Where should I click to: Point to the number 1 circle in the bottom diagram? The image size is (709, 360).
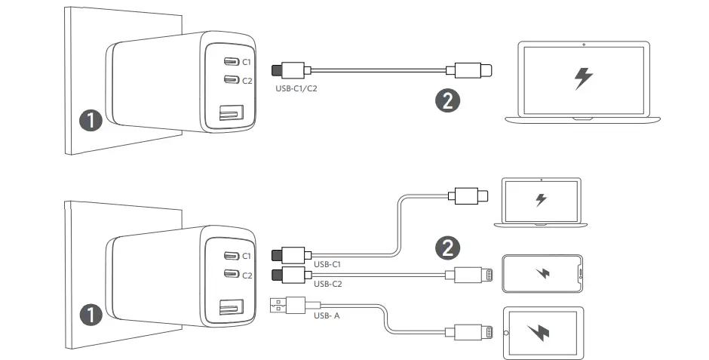(x=91, y=315)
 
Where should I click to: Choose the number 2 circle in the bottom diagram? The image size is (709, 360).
(x=449, y=246)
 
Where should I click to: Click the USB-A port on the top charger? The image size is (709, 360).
(x=229, y=115)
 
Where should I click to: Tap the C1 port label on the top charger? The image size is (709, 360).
(x=247, y=62)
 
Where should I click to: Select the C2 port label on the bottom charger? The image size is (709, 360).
(x=247, y=275)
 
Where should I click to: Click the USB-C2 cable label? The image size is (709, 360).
(x=327, y=285)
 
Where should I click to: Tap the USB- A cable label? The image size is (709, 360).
(x=327, y=315)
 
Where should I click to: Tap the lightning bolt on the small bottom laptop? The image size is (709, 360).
(x=541, y=200)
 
